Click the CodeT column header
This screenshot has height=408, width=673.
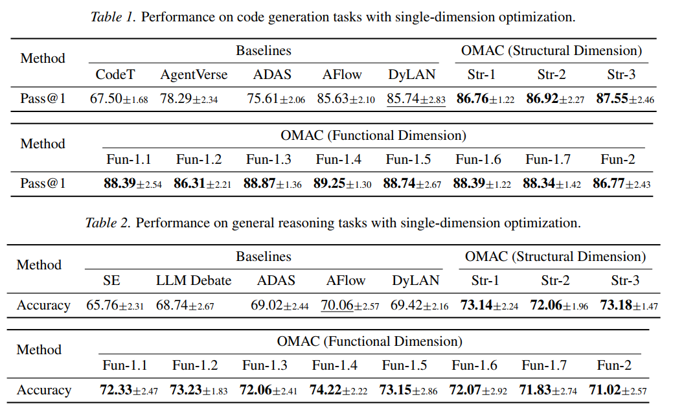(115, 74)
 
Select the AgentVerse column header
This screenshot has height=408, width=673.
(194, 74)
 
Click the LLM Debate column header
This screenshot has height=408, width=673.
(194, 280)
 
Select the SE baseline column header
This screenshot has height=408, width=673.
(111, 280)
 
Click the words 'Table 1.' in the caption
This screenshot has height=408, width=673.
(113, 17)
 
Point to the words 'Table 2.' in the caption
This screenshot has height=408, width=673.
(108, 223)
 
